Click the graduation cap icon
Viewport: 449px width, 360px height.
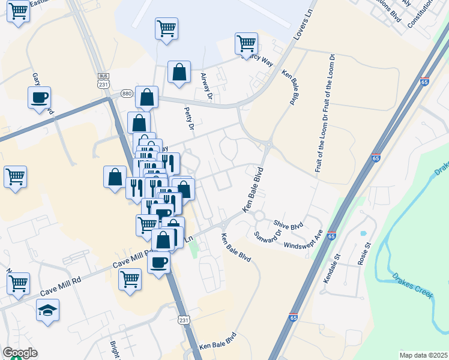point(47,310)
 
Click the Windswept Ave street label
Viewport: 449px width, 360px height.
point(304,239)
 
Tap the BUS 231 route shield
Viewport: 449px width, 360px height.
point(104,82)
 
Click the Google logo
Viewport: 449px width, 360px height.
point(20,353)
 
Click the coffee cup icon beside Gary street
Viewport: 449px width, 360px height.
point(40,97)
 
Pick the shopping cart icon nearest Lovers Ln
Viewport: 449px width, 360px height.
point(246,43)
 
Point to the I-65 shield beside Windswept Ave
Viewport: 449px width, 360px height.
point(332,236)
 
